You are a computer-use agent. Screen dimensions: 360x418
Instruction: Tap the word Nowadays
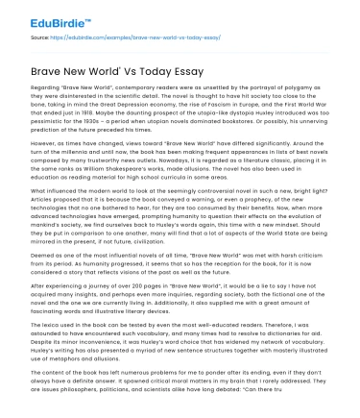point(165,176)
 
